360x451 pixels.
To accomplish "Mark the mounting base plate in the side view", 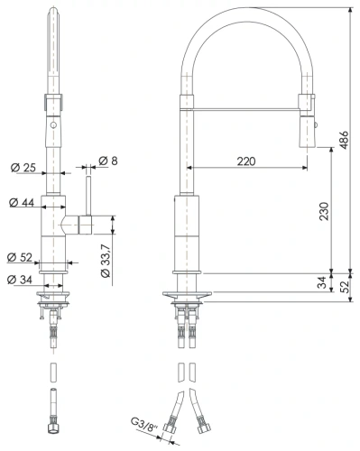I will point(188,293).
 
